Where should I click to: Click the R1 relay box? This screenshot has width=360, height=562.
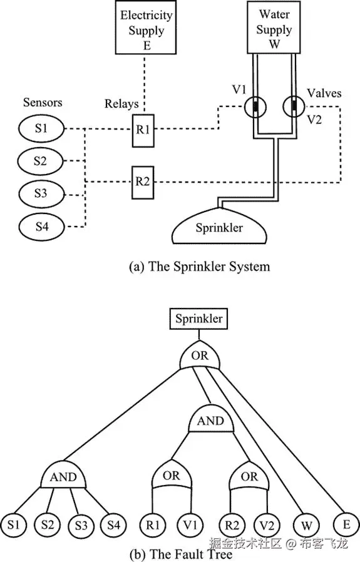pos(142,130)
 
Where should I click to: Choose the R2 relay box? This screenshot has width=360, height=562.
pos(142,182)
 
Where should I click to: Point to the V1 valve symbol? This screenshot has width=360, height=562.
pos(255,106)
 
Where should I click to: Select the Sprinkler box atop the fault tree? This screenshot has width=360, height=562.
pos(199,319)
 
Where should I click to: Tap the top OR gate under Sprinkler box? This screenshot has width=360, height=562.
pos(199,357)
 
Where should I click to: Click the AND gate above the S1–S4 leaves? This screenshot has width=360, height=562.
pos(63,477)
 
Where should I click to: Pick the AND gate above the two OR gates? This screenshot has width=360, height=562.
pos(210,421)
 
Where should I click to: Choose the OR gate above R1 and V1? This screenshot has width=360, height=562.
pos(172,477)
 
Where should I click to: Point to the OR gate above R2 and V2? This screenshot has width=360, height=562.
pos(249,477)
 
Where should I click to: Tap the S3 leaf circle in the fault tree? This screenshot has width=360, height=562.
pos(81,523)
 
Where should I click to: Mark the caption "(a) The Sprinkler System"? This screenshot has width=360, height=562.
pos(199,267)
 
